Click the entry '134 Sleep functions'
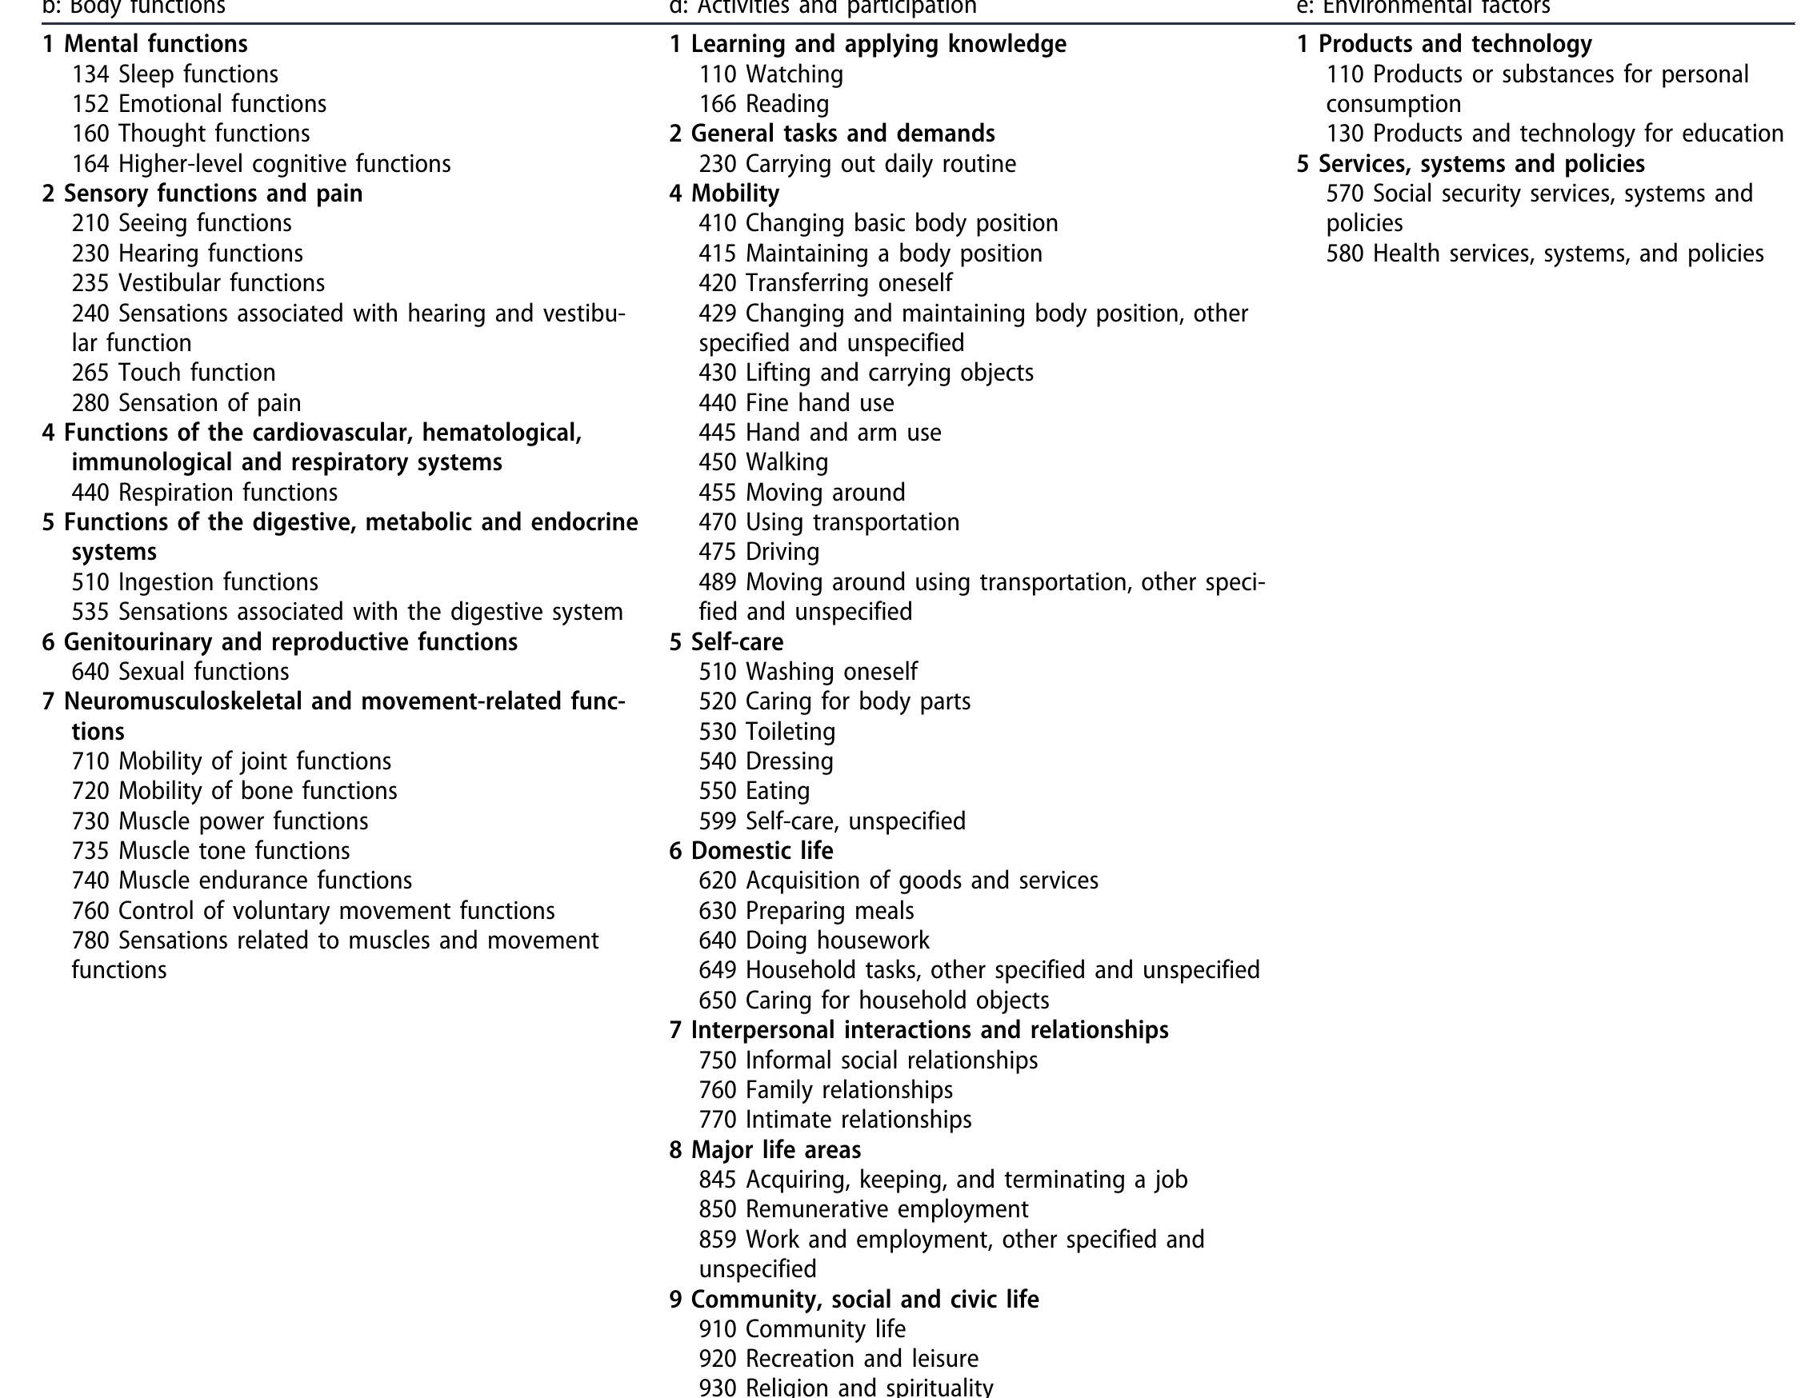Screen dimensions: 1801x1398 (175, 74)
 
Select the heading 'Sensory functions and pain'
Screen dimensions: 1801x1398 (213, 194)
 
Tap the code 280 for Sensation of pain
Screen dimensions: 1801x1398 (90, 403)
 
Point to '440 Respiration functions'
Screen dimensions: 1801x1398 (205, 493)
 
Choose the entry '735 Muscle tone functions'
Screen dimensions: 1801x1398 (210, 851)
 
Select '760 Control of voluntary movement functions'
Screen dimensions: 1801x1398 (313, 911)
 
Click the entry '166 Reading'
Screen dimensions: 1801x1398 (763, 104)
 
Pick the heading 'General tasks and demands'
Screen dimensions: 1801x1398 (842, 134)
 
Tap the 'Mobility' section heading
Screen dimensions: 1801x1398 (734, 194)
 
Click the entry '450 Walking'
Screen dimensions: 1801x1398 (762, 462)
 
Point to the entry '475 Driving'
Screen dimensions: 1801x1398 (758, 553)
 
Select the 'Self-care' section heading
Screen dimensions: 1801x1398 (736, 642)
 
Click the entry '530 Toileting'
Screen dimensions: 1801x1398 (767, 732)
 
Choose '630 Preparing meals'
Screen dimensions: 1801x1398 (806, 911)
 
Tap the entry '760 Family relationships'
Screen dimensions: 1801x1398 (826, 1090)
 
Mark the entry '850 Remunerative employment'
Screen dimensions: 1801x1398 (863, 1209)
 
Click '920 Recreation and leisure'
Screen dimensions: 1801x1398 (838, 1359)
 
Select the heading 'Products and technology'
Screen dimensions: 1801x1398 (1455, 44)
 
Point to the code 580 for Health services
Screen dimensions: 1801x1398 (1344, 254)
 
